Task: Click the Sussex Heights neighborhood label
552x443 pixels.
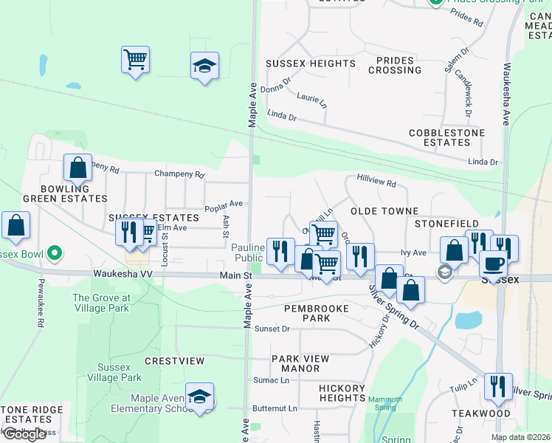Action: [x=300, y=64]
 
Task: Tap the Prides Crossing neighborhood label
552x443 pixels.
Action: [x=399, y=65]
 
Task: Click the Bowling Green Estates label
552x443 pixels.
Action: [x=65, y=193]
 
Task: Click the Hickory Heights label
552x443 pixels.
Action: [x=342, y=393]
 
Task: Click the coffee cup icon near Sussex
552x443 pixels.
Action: [x=493, y=264]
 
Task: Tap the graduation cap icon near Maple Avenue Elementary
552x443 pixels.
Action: [x=199, y=397]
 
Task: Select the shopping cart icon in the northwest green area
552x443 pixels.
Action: [x=136, y=60]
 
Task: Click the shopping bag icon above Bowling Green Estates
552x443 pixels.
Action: [x=77, y=168]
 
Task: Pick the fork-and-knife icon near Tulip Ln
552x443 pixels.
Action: [x=498, y=387]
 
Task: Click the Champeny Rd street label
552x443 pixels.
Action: [x=179, y=174]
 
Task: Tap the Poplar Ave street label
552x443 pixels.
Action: [x=224, y=203]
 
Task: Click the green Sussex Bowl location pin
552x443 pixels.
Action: [x=54, y=254]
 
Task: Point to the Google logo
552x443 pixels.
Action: [x=24, y=434]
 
